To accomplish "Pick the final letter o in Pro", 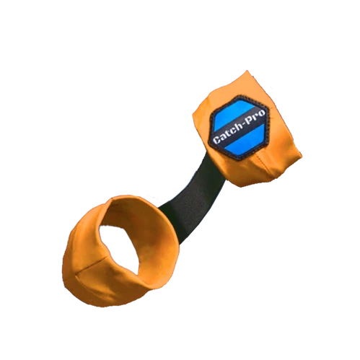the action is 262,113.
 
